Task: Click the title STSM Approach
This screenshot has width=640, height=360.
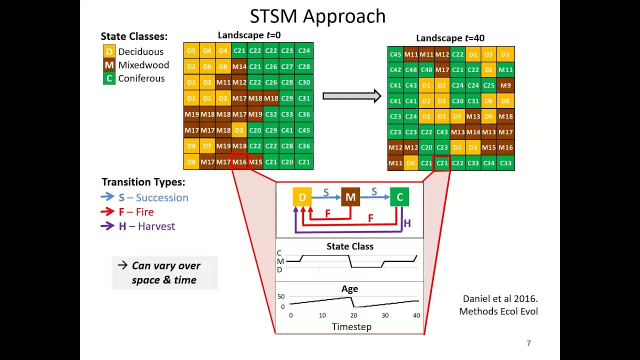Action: click(x=318, y=16)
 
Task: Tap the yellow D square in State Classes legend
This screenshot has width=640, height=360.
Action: click(x=109, y=51)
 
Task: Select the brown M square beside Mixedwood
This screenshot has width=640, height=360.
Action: click(x=109, y=65)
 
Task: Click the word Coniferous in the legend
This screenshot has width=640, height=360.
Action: click(x=141, y=78)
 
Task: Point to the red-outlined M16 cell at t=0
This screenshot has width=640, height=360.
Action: click(x=239, y=162)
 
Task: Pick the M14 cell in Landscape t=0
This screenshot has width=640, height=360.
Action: click(x=239, y=66)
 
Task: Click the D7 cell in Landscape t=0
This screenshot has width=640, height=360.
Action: click(x=207, y=146)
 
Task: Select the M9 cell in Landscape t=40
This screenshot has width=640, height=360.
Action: click(x=505, y=85)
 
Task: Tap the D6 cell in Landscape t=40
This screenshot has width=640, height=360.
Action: click(x=411, y=163)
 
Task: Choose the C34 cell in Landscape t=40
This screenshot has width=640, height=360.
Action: click(x=489, y=163)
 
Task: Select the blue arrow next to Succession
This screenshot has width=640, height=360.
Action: click(x=107, y=197)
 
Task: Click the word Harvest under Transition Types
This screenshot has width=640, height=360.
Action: click(x=156, y=226)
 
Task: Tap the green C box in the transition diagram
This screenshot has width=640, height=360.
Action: click(x=399, y=197)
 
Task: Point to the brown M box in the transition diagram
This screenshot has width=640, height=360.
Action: click(x=350, y=197)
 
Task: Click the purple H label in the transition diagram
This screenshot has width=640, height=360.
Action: click(x=407, y=223)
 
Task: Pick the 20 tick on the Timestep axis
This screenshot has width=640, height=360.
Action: click(x=353, y=315)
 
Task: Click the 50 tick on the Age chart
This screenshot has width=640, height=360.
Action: click(x=281, y=296)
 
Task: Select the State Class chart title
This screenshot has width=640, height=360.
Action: click(x=350, y=246)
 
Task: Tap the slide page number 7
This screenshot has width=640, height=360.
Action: click(x=528, y=343)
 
